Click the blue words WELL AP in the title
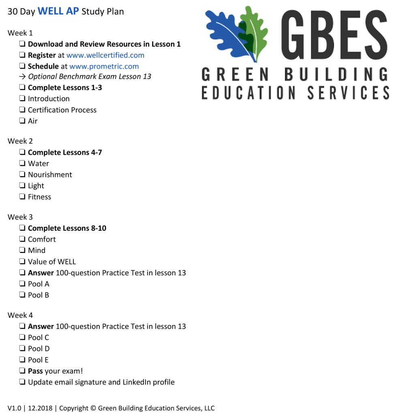[x=58, y=11]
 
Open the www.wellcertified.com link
[x=105, y=55]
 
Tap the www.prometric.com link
[x=104, y=66]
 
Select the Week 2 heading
[x=20, y=141]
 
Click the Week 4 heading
[x=20, y=315]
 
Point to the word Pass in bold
[x=35, y=371]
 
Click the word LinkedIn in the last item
[x=138, y=382]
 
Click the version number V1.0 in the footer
[x=14, y=408]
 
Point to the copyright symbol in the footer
[x=93, y=408]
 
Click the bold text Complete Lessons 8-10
[x=67, y=228]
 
